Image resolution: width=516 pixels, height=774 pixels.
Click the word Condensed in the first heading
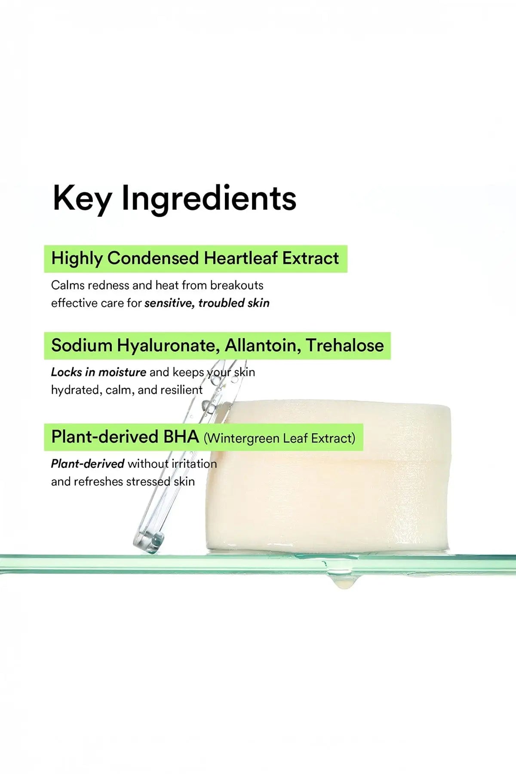point(153,258)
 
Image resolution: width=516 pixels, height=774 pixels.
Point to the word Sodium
point(82,345)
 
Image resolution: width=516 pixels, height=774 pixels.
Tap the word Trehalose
point(345,345)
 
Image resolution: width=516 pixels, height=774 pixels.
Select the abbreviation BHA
point(181,436)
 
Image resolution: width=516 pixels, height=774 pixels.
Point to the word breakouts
point(237,285)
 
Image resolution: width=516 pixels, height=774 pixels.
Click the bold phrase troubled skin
point(234,303)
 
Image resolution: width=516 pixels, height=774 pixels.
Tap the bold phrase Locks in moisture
point(98,372)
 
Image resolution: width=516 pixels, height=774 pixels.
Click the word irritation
point(194,464)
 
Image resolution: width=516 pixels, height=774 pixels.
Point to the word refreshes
point(98,482)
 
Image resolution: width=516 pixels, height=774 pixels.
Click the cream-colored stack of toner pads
point(328,475)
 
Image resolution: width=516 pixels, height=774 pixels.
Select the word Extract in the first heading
point(311,258)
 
